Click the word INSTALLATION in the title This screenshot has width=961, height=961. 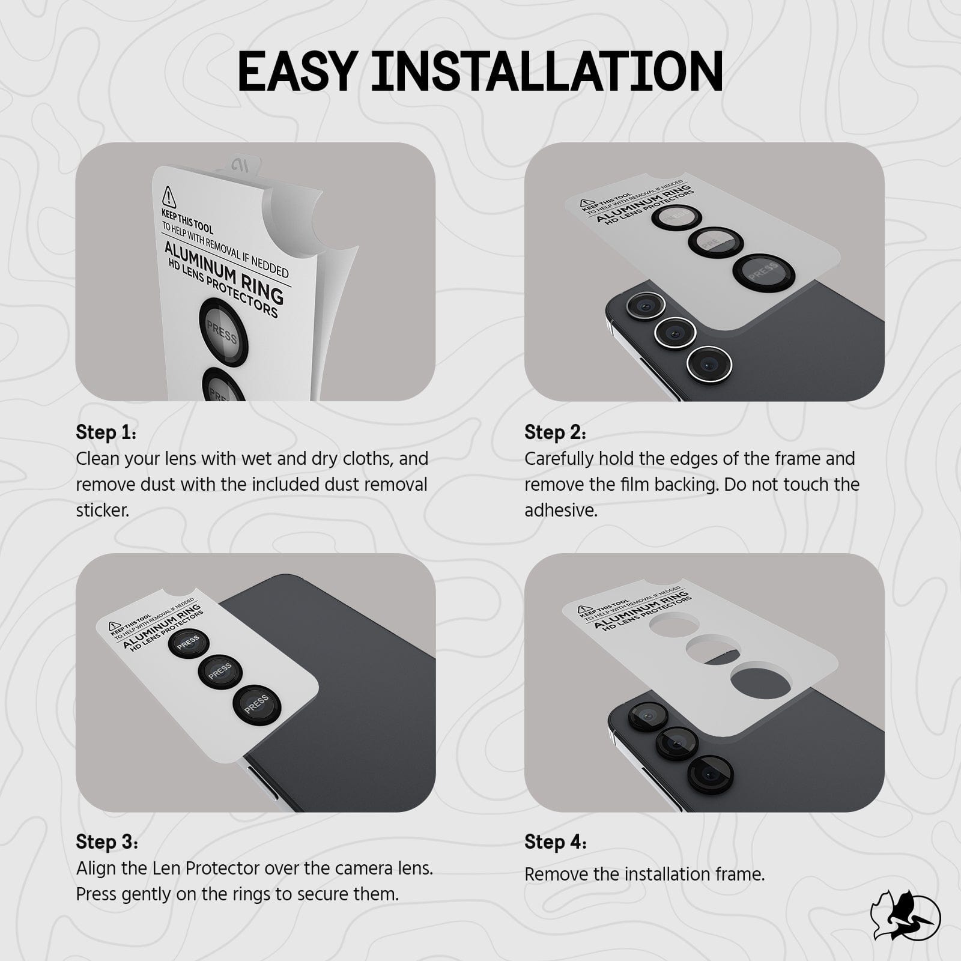[x=546, y=72]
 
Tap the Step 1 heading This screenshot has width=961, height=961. [x=106, y=432]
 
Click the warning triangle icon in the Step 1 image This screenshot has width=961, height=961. [x=169, y=196]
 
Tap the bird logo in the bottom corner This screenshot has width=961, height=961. [x=905, y=915]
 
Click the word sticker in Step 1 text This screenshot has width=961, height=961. [x=102, y=511]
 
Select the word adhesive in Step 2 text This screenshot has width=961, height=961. [x=560, y=511]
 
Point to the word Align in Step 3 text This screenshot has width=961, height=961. [x=94, y=869]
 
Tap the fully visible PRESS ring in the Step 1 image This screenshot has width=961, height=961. [x=223, y=332]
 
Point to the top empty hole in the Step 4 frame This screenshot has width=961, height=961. [x=675, y=626]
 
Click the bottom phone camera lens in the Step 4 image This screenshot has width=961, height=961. [x=711, y=775]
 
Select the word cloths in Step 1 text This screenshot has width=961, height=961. [x=366, y=459]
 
